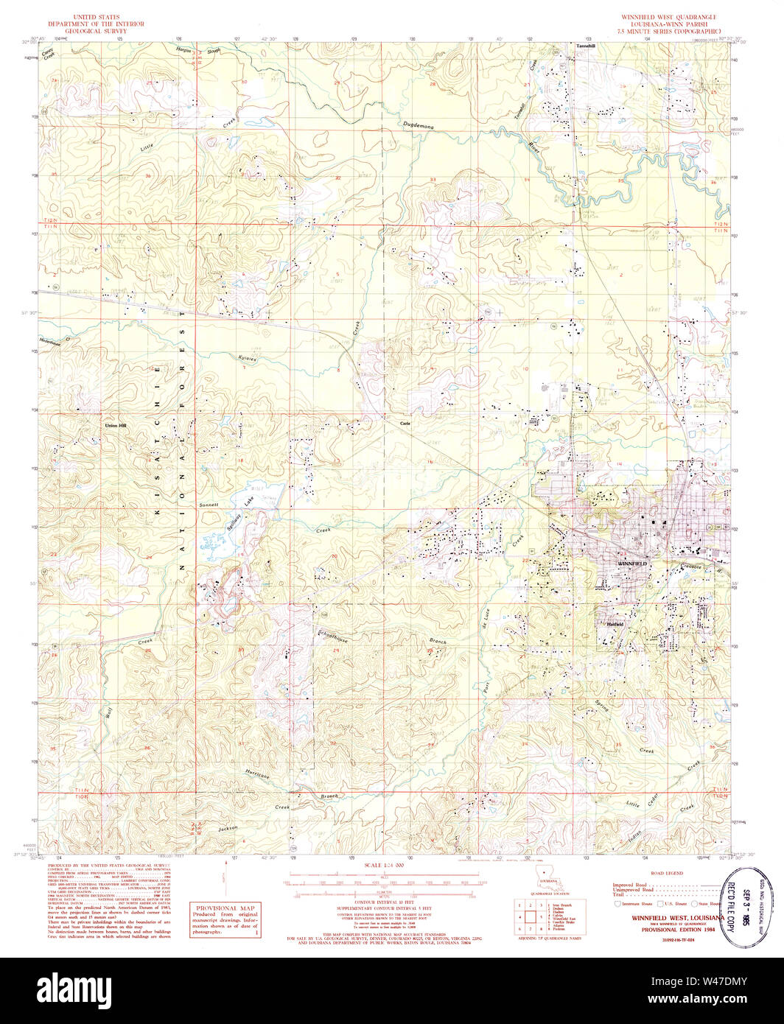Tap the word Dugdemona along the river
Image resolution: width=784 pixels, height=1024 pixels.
(419, 127)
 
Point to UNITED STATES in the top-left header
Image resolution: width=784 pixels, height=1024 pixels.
(96, 16)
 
